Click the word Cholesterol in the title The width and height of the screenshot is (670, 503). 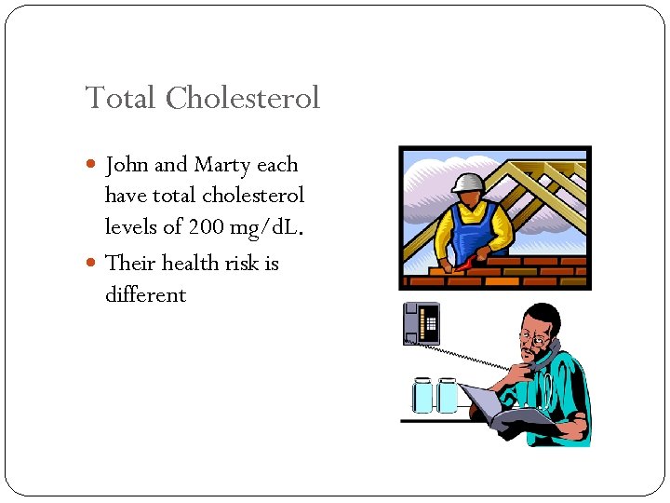pos(243,98)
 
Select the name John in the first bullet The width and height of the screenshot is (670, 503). pos(127,166)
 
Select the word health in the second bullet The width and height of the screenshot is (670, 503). pos(193,264)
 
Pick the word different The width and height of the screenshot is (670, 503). pos(145,295)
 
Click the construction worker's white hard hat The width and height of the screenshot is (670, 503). pos(469,182)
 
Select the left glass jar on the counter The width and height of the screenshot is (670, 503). pos(423,395)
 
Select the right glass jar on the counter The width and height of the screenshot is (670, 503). pos(448,395)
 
